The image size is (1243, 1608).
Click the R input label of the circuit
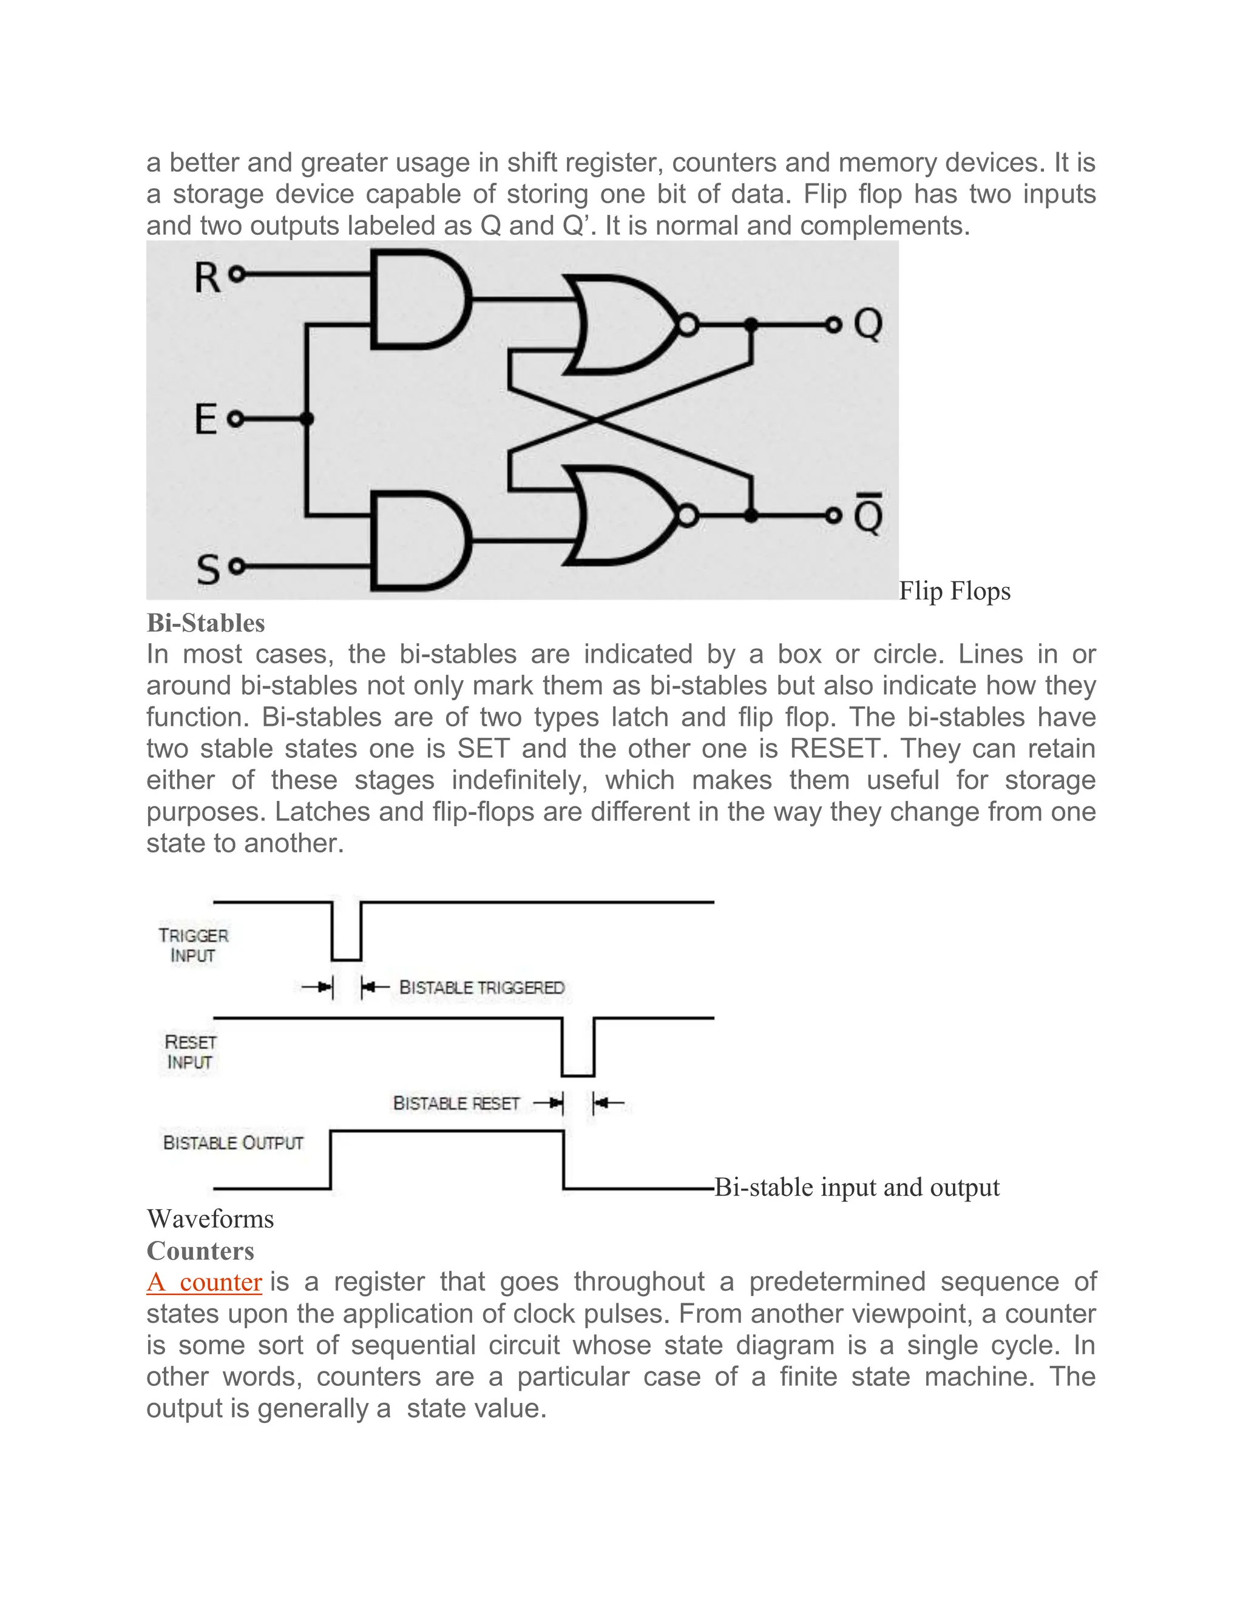207,279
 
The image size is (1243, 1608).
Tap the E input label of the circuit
206,420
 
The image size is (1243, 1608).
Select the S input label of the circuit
208,570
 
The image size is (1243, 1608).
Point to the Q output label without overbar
868,325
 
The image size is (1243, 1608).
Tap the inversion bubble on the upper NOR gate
687,325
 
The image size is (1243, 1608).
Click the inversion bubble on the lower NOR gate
687,516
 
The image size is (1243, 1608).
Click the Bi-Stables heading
206,623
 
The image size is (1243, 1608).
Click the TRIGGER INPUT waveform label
193,945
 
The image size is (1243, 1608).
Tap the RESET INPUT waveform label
190,1052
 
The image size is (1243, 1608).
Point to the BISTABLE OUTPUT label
232,1143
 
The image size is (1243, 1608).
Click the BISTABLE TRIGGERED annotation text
481,987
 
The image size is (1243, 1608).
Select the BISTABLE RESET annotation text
456,1103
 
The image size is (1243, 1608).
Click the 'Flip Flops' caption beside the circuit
954,591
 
